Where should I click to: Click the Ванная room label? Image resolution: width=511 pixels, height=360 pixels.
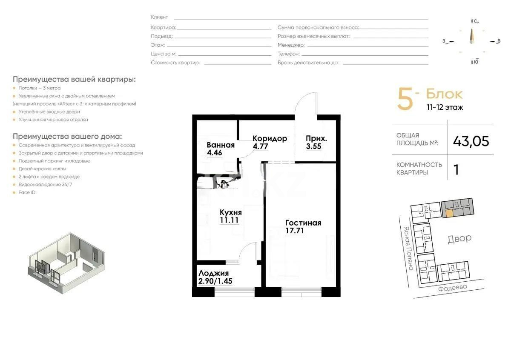[221, 145]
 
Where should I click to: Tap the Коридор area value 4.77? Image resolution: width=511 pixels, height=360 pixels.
[260, 147]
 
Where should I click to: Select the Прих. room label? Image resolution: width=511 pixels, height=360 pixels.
[316, 138]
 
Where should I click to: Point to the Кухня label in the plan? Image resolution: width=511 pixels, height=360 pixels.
[231, 212]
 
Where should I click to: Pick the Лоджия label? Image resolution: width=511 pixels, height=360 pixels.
[214, 273]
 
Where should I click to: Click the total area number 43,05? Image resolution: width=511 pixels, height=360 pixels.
[471, 141]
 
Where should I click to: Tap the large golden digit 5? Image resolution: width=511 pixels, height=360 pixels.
[405, 100]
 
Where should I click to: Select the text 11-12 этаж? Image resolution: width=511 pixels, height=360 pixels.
[445, 108]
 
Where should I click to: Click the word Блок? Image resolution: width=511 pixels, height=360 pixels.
[444, 94]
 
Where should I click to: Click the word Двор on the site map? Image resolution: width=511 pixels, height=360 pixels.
[459, 238]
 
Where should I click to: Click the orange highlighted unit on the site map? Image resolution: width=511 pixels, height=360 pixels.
[449, 213]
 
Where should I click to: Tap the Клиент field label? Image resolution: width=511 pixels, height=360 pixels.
[159, 17]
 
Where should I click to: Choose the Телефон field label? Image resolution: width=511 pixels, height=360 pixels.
[288, 54]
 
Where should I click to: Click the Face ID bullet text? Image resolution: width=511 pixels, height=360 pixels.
[27, 192]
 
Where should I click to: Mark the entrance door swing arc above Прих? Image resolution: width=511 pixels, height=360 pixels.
[306, 102]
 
